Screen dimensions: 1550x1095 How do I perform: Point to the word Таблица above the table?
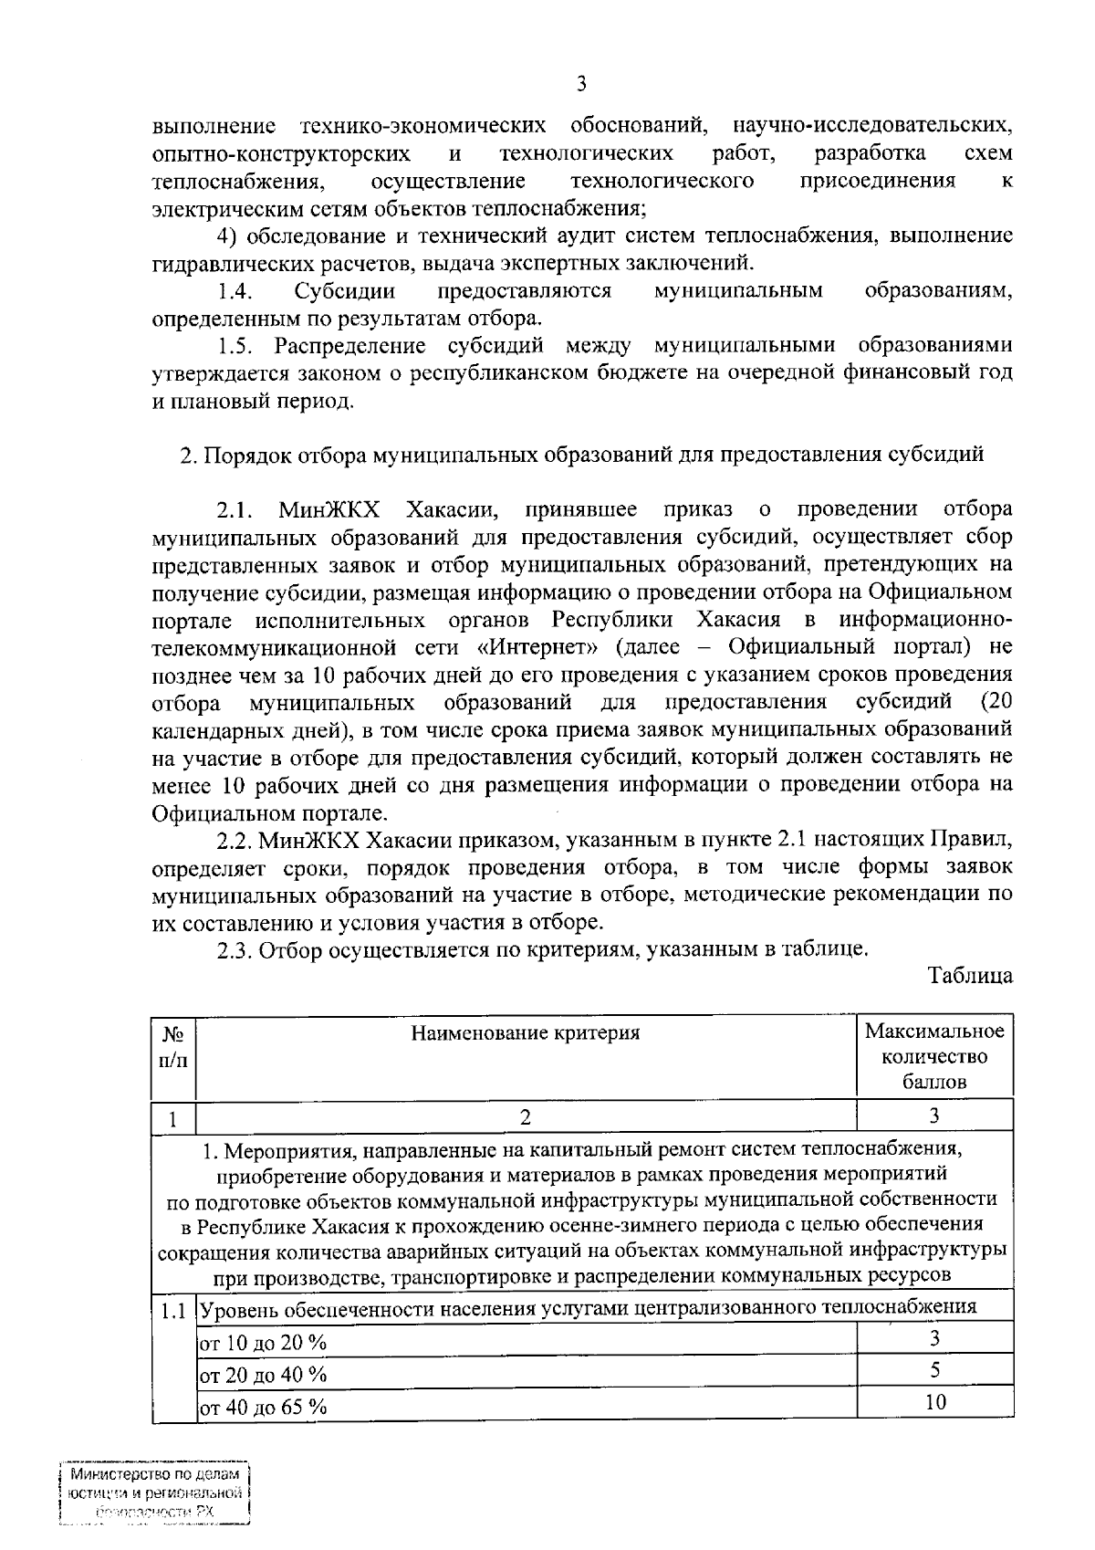pos(970,976)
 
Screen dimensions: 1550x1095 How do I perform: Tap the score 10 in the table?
pos(934,1402)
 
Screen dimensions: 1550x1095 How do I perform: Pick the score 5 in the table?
pos(934,1370)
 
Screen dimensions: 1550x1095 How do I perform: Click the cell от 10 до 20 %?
pos(264,1343)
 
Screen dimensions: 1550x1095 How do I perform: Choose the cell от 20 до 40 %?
pos(264,1375)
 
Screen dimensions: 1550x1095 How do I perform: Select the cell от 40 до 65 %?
pos(264,1407)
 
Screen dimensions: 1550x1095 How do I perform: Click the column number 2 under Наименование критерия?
pos(525,1115)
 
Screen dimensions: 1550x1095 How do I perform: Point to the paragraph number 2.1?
pos(235,510)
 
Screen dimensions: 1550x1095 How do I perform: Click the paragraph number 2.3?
pos(235,950)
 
